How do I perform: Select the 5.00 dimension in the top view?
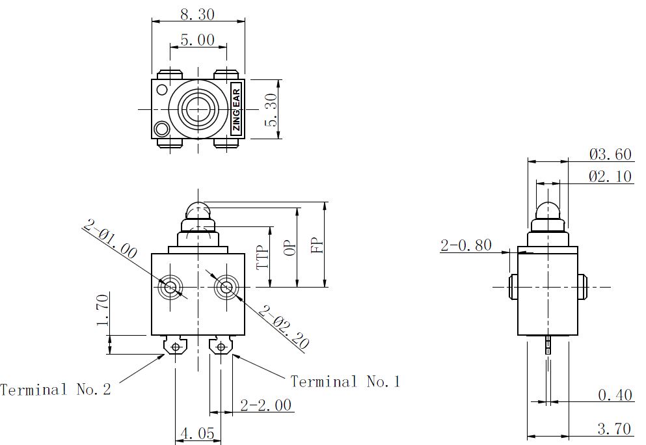pos(197,40)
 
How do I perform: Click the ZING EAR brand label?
pos(236,109)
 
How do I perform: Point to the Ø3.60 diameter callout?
pos(610,154)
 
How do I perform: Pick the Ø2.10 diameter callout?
pos(610,176)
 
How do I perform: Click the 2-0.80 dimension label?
pos(466,245)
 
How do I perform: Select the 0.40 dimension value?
pos(615,395)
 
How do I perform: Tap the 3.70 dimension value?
pos(614,429)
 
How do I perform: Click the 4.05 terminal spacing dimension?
pos(198,433)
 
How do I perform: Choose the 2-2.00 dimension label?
pos(265,405)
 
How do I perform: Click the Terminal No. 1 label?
pos(345,381)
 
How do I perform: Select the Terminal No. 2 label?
pos(56,390)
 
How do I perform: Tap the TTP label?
pos(262,258)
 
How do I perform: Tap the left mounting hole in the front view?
pos(171,286)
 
